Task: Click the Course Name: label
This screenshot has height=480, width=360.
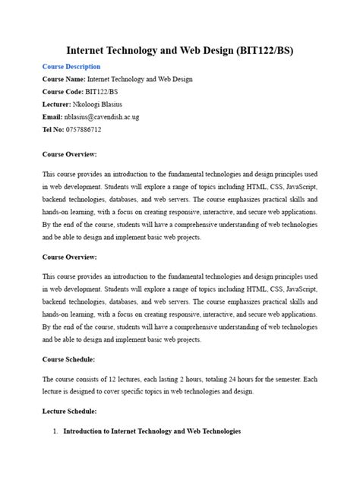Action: pos(65,79)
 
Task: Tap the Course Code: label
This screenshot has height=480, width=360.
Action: pos(64,92)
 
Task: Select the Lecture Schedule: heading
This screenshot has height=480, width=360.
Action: pos(70,411)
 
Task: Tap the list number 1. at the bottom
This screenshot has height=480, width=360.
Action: pos(55,431)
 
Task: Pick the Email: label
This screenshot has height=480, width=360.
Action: pos(52,117)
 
